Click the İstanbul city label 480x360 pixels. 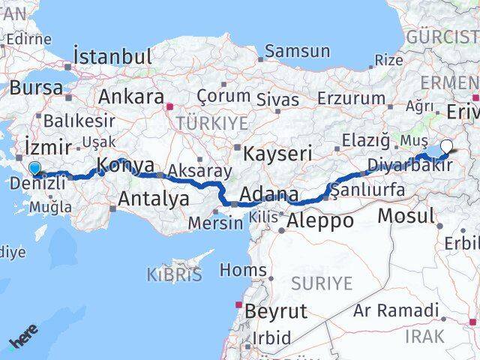[x=113, y=56]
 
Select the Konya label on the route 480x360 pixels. [x=125, y=166]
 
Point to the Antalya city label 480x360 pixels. [x=154, y=199]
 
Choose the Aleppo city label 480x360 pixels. [x=320, y=220]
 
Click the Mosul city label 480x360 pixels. [x=406, y=216]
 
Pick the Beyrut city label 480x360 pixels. [x=277, y=311]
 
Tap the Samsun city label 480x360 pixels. [x=298, y=51]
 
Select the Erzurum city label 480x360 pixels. [x=351, y=98]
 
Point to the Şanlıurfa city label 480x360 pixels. [x=368, y=190]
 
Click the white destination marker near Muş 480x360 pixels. [x=447, y=148]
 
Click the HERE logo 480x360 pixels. [x=22, y=341]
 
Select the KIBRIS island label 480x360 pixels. [x=175, y=274]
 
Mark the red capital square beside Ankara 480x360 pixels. [x=171, y=106]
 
